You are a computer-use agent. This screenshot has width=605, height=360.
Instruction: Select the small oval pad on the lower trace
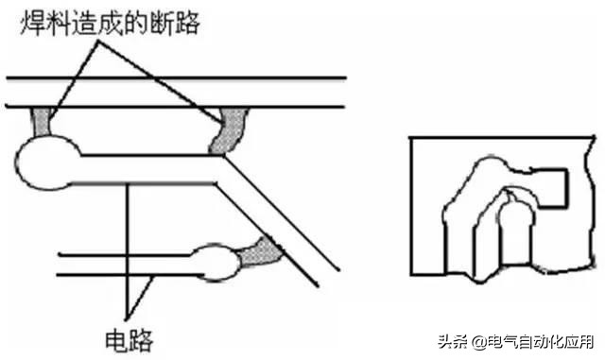pyautogui.click(x=217, y=263)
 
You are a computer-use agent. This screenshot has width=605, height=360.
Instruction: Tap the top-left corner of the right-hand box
pyautogui.click(x=410, y=139)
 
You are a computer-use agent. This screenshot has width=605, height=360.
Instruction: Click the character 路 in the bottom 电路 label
pyautogui.click(x=141, y=336)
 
